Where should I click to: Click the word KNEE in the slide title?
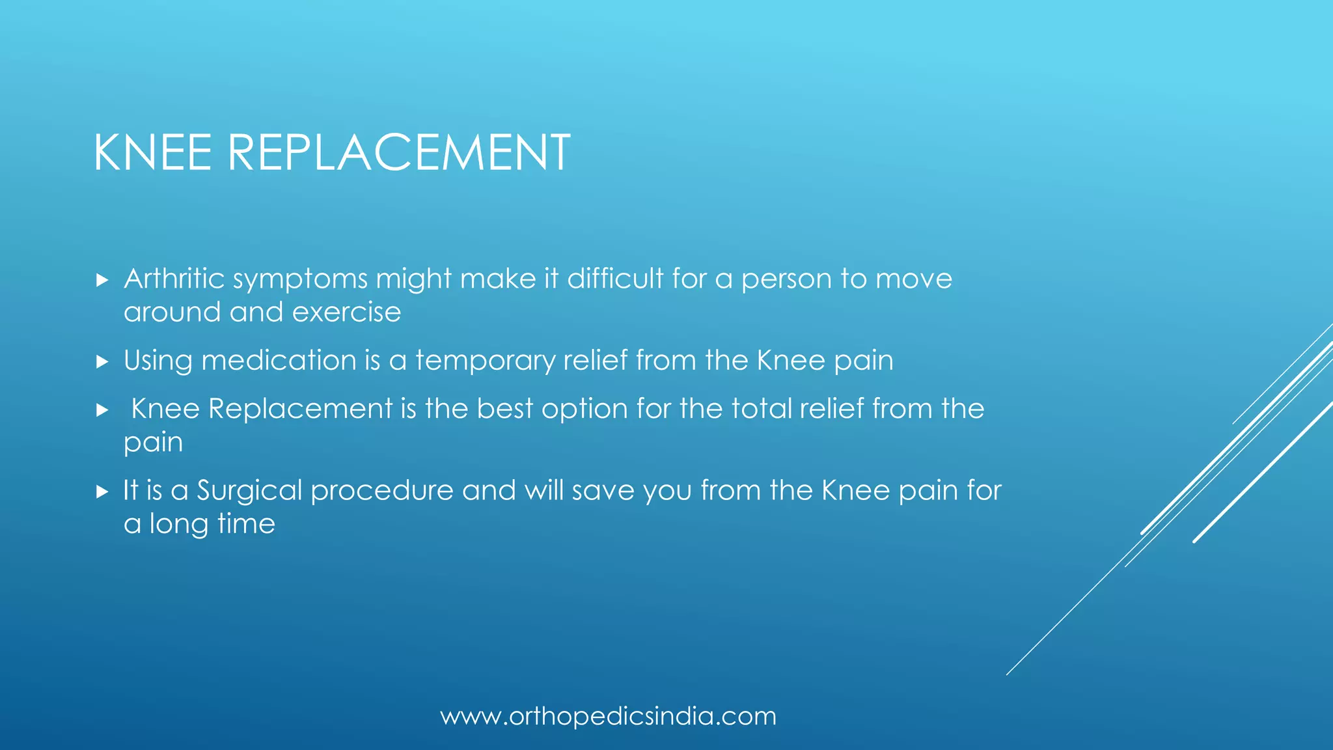[153, 152]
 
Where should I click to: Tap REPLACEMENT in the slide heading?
[399, 152]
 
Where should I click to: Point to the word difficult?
[615, 279]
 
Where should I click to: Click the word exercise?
[346, 312]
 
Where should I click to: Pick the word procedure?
[382, 491]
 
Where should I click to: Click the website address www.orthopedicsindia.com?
[609, 716]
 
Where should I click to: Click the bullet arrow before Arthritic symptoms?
[102, 280]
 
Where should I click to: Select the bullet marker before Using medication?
[102, 361]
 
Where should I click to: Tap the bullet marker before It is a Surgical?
[102, 492]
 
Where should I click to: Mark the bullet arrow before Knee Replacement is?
[102, 410]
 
